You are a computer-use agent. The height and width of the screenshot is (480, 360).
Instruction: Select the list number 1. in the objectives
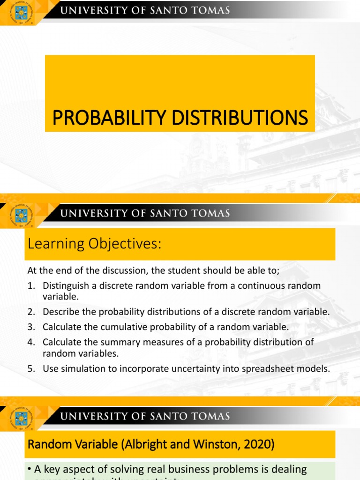tap(31, 285)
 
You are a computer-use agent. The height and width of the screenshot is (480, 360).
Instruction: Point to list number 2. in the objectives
tap(31, 312)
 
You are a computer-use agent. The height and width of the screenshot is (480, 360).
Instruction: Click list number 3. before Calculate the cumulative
tap(31, 327)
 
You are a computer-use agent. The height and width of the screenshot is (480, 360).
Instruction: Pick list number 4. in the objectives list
tap(31, 342)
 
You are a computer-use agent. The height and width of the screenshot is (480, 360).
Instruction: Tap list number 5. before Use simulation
tap(31, 369)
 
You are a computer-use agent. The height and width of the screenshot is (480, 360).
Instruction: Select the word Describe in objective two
tap(59, 312)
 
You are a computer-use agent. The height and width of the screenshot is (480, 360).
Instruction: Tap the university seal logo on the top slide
tap(21, 13)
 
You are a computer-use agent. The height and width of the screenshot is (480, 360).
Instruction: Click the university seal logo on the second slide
tap(21, 216)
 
